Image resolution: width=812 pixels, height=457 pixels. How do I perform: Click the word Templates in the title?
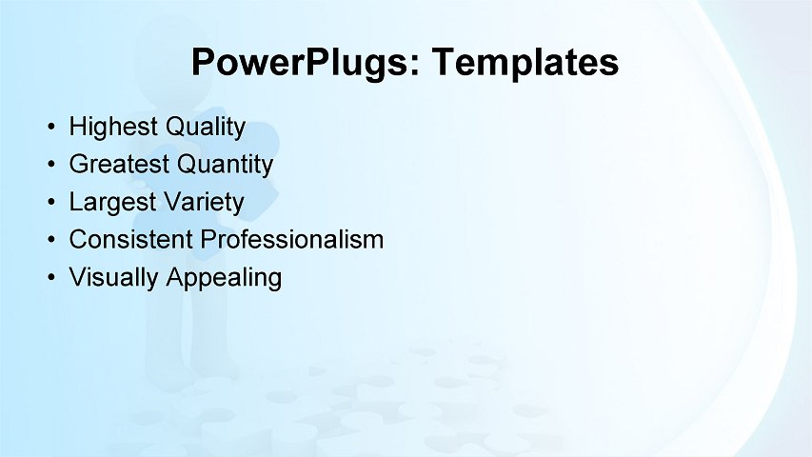click(525, 63)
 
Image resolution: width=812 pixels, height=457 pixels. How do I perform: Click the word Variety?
click(203, 203)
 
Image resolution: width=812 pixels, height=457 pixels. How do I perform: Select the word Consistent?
click(131, 240)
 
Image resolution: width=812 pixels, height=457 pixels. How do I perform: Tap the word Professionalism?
click(293, 240)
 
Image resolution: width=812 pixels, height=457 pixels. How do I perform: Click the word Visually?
click(114, 278)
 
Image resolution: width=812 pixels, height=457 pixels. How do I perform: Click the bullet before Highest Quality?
click(50, 127)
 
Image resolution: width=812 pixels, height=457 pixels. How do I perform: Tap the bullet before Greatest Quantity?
click(50, 165)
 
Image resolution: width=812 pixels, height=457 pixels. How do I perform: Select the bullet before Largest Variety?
click(50, 203)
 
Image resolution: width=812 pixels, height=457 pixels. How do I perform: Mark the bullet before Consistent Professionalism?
click(50, 240)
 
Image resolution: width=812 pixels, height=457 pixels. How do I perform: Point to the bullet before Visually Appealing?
click(50, 278)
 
